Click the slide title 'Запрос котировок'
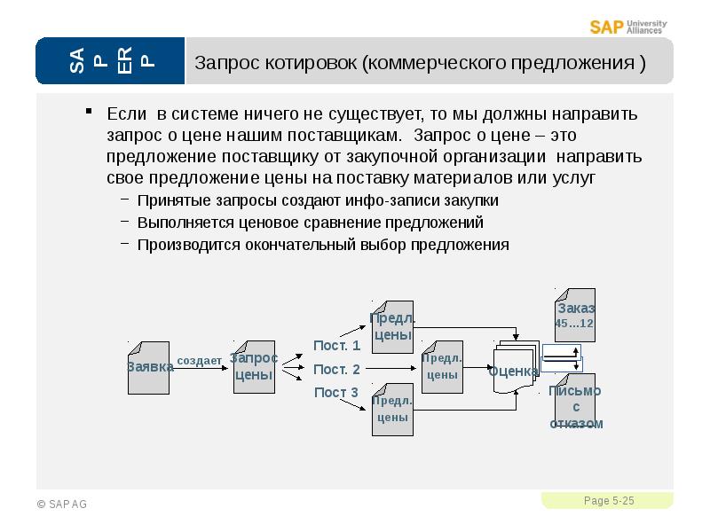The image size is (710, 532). point(420,64)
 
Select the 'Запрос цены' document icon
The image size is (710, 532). point(254,366)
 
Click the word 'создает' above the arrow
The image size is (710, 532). point(200,361)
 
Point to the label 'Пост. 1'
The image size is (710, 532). point(336,346)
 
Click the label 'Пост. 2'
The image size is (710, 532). point(336,370)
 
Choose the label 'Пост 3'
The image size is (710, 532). point(335,393)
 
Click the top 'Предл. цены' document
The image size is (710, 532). point(392,327)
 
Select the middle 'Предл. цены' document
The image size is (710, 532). point(441,366)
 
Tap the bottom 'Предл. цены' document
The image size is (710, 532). point(392,409)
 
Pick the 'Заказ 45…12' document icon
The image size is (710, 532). point(575,315)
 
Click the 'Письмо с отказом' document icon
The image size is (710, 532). point(575,406)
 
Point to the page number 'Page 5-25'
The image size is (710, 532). point(609,501)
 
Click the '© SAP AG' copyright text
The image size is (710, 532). point(61,505)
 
